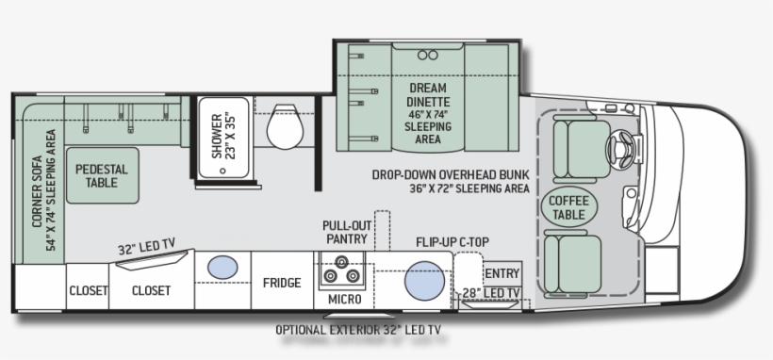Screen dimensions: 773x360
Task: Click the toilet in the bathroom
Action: click(285, 126)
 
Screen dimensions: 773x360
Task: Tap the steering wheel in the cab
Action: click(620, 147)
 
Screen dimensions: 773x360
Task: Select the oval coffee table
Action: click(568, 206)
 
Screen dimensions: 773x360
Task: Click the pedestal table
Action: click(103, 175)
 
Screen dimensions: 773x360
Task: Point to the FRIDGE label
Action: click(282, 283)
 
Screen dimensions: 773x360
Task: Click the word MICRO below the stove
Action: click(345, 299)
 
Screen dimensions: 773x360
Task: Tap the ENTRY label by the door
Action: click(502, 273)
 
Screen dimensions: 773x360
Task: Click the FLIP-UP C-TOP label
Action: click(452, 242)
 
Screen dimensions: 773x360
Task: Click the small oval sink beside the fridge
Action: click(222, 268)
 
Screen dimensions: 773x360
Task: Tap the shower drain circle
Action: click(222, 171)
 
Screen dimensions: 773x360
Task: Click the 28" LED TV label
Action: click(491, 293)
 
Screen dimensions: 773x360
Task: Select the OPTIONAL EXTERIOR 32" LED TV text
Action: click(358, 330)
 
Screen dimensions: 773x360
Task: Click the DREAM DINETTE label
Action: click(428, 95)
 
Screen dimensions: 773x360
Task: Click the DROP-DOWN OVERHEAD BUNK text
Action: click(451, 175)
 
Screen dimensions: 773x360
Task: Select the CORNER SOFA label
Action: click(38, 191)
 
